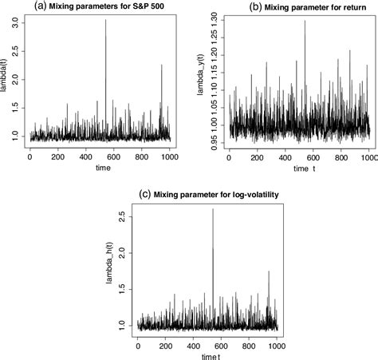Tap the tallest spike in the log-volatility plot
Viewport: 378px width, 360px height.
(212, 210)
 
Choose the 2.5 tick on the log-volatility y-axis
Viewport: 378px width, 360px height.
(124, 216)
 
